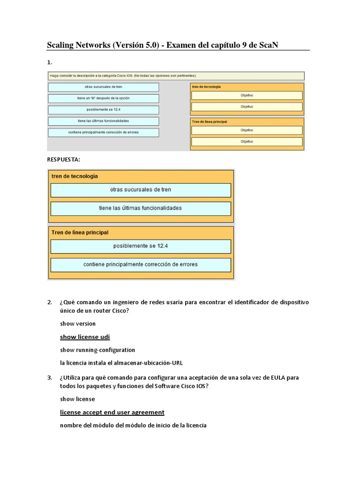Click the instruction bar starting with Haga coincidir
[176, 75]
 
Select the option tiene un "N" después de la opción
[104, 98]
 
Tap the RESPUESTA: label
[63, 159]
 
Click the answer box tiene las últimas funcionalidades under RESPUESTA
[140, 208]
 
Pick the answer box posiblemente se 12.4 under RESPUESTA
[140, 246]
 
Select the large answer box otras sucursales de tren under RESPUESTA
[140, 190]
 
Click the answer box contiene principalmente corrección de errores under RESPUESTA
[140, 264]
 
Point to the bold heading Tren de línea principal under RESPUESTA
[80, 232]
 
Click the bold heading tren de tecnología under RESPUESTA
[75, 176]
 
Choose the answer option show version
[78, 323]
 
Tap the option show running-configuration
[97, 350]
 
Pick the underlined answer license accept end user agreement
[112, 412]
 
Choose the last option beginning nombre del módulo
[133, 425]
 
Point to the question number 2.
[50, 302]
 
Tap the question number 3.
[50, 377]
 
